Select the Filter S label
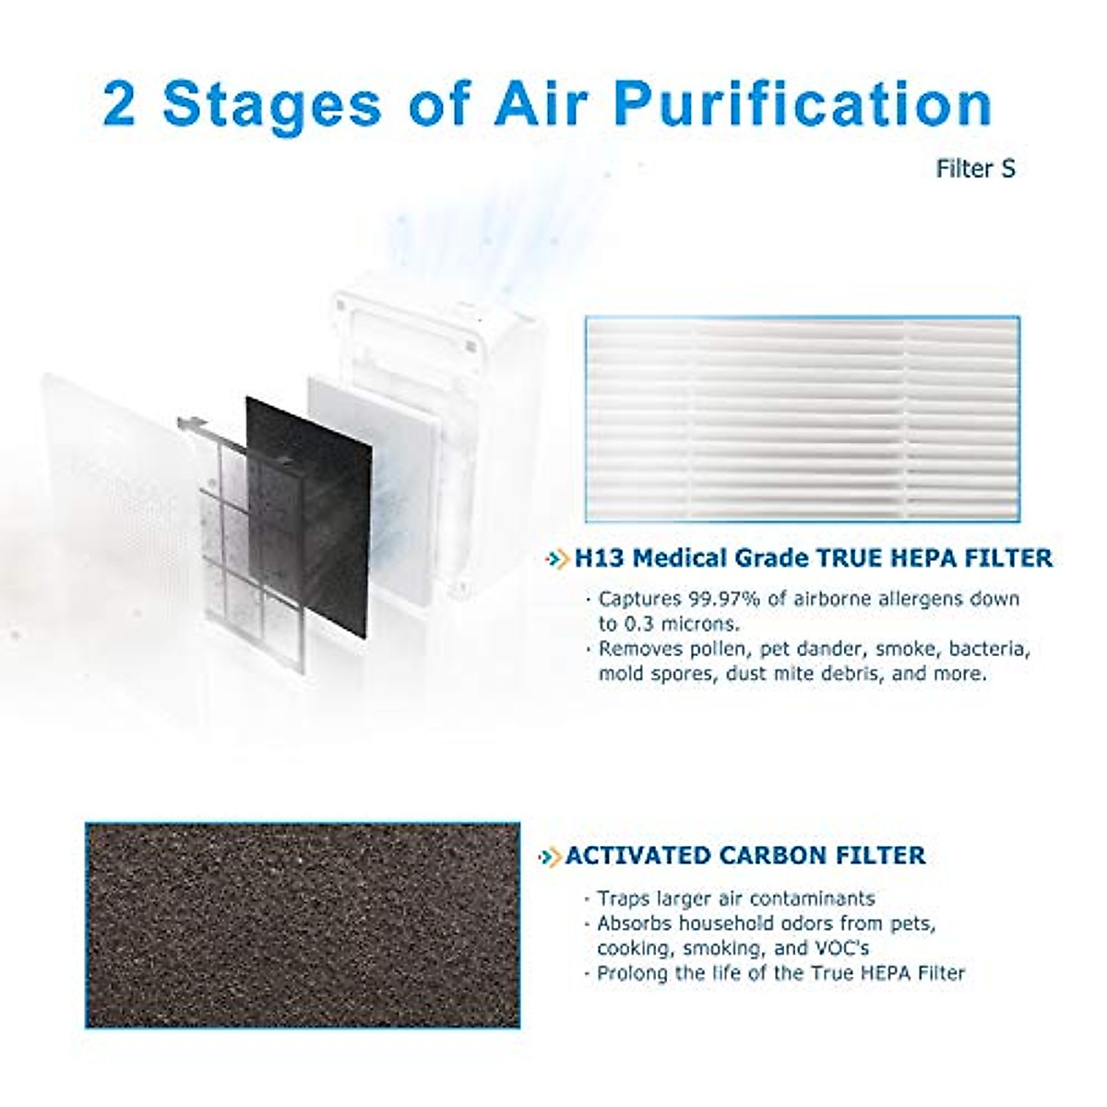click(976, 170)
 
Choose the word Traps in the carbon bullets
click(623, 899)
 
